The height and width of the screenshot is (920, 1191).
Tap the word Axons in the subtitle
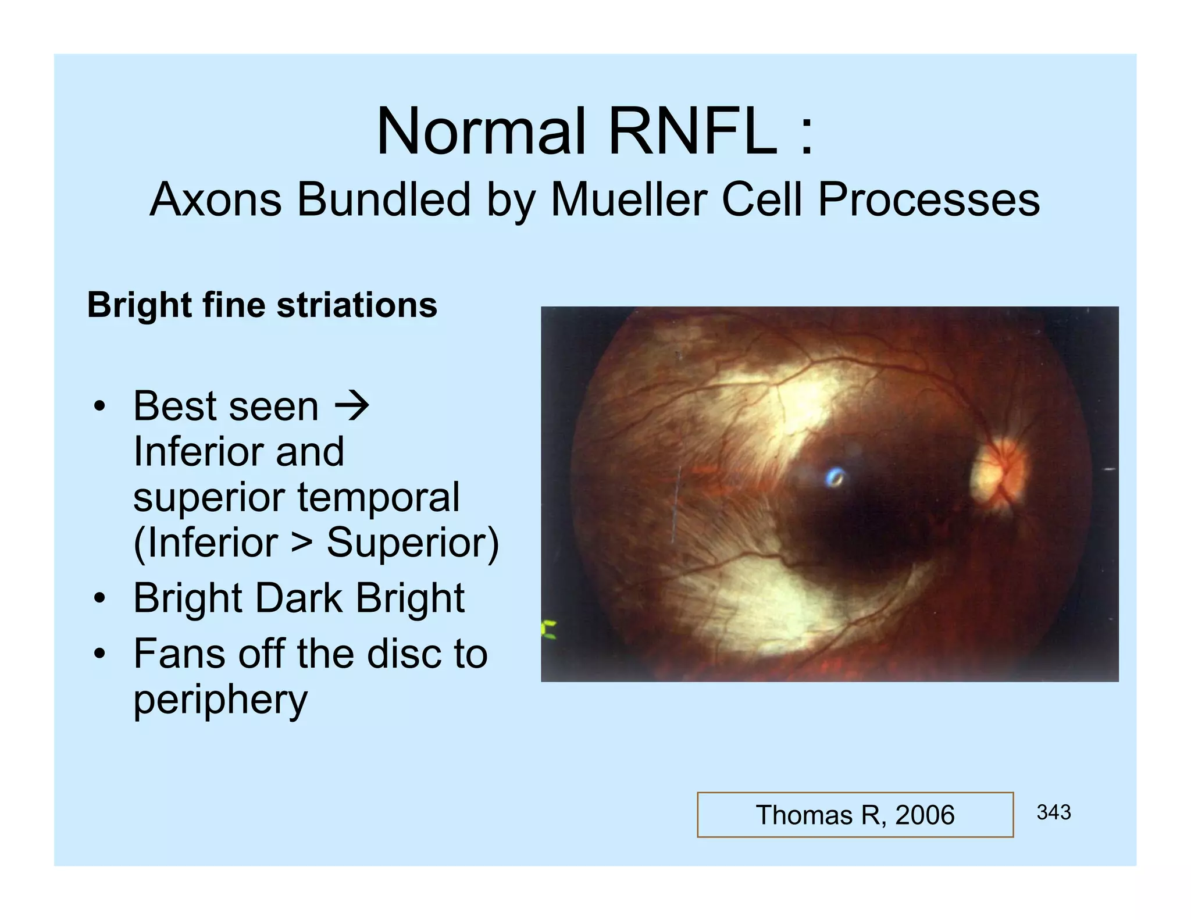(216, 199)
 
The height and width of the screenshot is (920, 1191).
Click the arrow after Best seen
(352, 406)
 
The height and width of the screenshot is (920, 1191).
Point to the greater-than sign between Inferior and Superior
(302, 543)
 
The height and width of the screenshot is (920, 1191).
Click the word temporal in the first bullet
(379, 497)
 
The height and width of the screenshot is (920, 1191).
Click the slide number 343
(1053, 812)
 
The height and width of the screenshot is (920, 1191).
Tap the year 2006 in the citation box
(925, 815)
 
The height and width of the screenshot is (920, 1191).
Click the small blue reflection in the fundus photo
(836, 477)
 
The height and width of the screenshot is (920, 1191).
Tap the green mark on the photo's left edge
(548, 630)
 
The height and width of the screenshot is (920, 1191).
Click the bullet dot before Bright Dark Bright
(100, 598)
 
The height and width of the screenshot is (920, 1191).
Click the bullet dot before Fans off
(100, 654)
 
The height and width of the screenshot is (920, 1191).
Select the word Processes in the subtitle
(929, 199)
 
